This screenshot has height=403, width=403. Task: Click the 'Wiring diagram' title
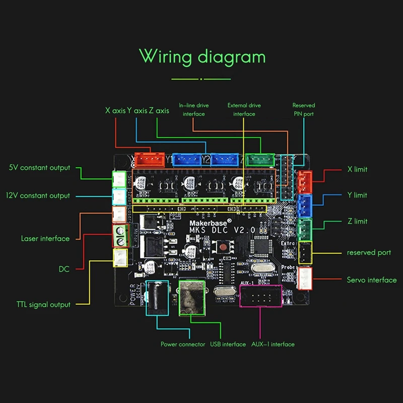[202, 56]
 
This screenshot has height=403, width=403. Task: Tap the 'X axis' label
[115, 110]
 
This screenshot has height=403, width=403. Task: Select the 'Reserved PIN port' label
[303, 109]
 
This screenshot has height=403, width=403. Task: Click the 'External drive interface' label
[244, 109]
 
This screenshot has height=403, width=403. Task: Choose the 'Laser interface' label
[45, 238]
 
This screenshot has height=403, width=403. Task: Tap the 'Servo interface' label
[372, 280]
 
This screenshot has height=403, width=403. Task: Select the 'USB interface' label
[228, 344]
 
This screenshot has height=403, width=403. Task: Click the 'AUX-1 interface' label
[273, 344]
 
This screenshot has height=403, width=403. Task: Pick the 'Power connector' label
[183, 344]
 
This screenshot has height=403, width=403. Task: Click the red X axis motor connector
[151, 159]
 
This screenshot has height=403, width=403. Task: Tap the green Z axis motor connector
[260, 159]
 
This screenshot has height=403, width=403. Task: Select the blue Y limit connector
[305, 205]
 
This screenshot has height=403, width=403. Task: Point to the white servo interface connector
[306, 279]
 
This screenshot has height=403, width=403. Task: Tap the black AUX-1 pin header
[260, 296]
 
